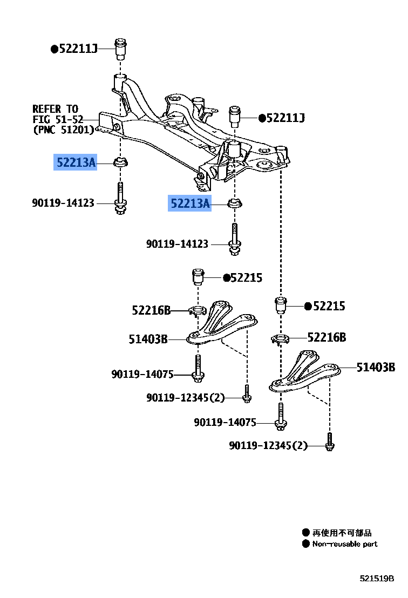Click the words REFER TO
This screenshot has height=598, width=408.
point(55,109)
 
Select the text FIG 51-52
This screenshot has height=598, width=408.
point(58,119)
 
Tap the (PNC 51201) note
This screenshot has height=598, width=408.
point(64,130)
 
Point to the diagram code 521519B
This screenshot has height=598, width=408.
point(377,579)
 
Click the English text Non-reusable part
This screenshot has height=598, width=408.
point(345,544)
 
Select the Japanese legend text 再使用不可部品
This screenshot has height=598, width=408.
point(342,533)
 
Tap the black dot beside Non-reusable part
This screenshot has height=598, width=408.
point(306,544)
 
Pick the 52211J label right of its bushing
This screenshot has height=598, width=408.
point(285,118)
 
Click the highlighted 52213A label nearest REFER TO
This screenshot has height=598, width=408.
point(76,162)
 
